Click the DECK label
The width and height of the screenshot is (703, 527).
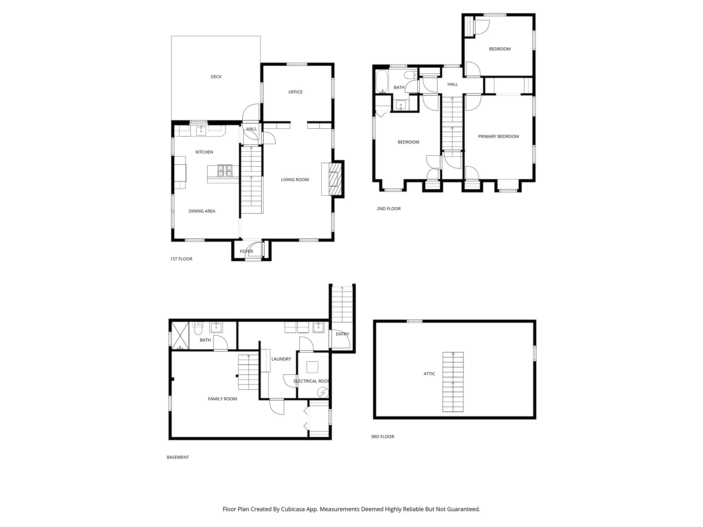216,77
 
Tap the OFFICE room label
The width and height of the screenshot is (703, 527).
295,92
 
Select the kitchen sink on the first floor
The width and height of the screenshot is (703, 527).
201,130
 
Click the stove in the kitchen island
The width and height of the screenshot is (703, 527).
225,171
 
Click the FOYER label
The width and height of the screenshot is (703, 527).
246,251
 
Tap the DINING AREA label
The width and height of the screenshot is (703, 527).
202,211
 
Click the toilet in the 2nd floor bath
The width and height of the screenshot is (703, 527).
410,75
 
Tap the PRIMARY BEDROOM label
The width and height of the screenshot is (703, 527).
498,137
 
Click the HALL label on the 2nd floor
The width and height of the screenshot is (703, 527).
452,84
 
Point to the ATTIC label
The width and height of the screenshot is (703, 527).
429,374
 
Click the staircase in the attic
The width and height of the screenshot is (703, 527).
453,382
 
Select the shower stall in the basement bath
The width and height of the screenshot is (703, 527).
180,335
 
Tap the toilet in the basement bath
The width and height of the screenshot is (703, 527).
198,330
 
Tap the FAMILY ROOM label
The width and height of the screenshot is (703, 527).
222,399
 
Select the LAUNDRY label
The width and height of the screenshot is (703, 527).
281,359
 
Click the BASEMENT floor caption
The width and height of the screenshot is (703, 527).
177,457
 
